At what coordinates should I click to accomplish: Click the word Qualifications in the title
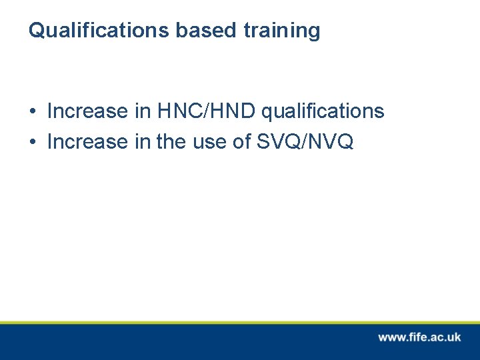99,31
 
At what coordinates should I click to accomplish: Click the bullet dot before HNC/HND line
32,111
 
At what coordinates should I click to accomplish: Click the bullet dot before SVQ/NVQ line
32,142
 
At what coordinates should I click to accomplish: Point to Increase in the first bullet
88,111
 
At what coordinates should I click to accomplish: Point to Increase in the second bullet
88,141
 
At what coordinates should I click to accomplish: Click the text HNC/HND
207,111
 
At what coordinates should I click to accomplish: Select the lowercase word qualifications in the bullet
323,111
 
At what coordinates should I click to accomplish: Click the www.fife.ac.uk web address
419,337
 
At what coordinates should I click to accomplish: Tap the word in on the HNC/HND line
143,111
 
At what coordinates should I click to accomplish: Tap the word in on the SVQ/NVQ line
143,141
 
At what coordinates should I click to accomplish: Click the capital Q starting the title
36,31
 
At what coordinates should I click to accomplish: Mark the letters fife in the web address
417,337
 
